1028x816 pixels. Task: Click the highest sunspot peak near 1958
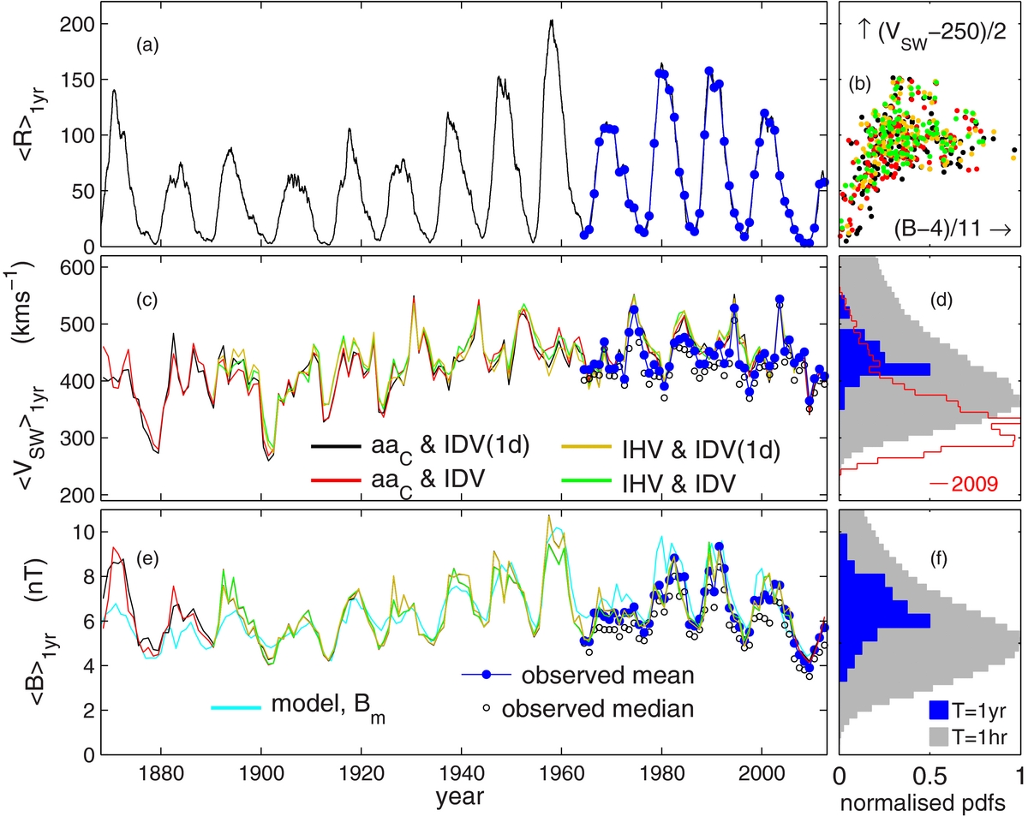click(x=552, y=21)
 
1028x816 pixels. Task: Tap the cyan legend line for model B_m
click(x=236, y=707)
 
